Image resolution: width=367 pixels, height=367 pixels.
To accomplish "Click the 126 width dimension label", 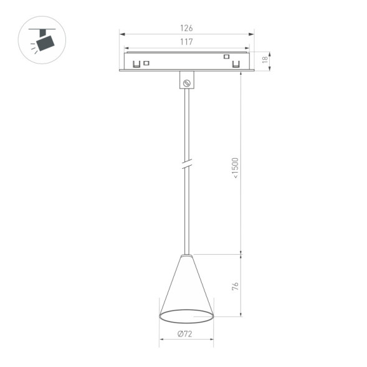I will (186, 27).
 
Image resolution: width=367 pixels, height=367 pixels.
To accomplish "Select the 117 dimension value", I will (186, 42).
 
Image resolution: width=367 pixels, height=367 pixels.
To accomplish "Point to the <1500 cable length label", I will (236, 168).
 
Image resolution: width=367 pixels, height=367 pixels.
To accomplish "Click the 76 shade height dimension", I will (236, 287).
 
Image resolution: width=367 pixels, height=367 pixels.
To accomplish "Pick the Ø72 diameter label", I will (184, 334).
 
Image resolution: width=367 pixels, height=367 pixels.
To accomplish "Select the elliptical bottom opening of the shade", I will (186, 316).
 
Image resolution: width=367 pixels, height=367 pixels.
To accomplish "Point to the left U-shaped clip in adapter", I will (136, 63).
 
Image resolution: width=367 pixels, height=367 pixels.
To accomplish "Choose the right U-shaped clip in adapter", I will (236, 64).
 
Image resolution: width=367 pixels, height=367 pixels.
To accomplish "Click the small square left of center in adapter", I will (147, 62).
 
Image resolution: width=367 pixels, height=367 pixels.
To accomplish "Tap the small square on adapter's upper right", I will (226, 57).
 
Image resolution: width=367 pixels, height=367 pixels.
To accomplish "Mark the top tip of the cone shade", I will (186, 255).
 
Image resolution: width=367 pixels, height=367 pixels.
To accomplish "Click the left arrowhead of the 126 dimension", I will (121, 34).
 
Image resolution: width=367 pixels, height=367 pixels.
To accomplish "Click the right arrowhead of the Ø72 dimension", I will (212, 340).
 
